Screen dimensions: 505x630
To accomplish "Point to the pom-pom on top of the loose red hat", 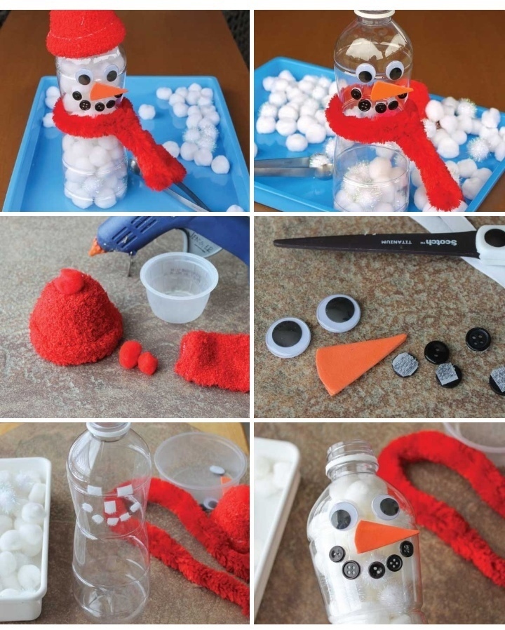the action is [x=72, y=279].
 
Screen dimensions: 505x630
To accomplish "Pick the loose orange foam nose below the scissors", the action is [x=358, y=363].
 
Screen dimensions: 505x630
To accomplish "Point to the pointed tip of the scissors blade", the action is [x=275, y=242].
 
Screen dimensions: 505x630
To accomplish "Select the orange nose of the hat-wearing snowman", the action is [x=105, y=91].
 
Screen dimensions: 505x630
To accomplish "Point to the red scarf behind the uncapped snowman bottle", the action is [x=442, y=494].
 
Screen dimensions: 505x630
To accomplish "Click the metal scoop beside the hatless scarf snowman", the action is [x=293, y=166].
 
